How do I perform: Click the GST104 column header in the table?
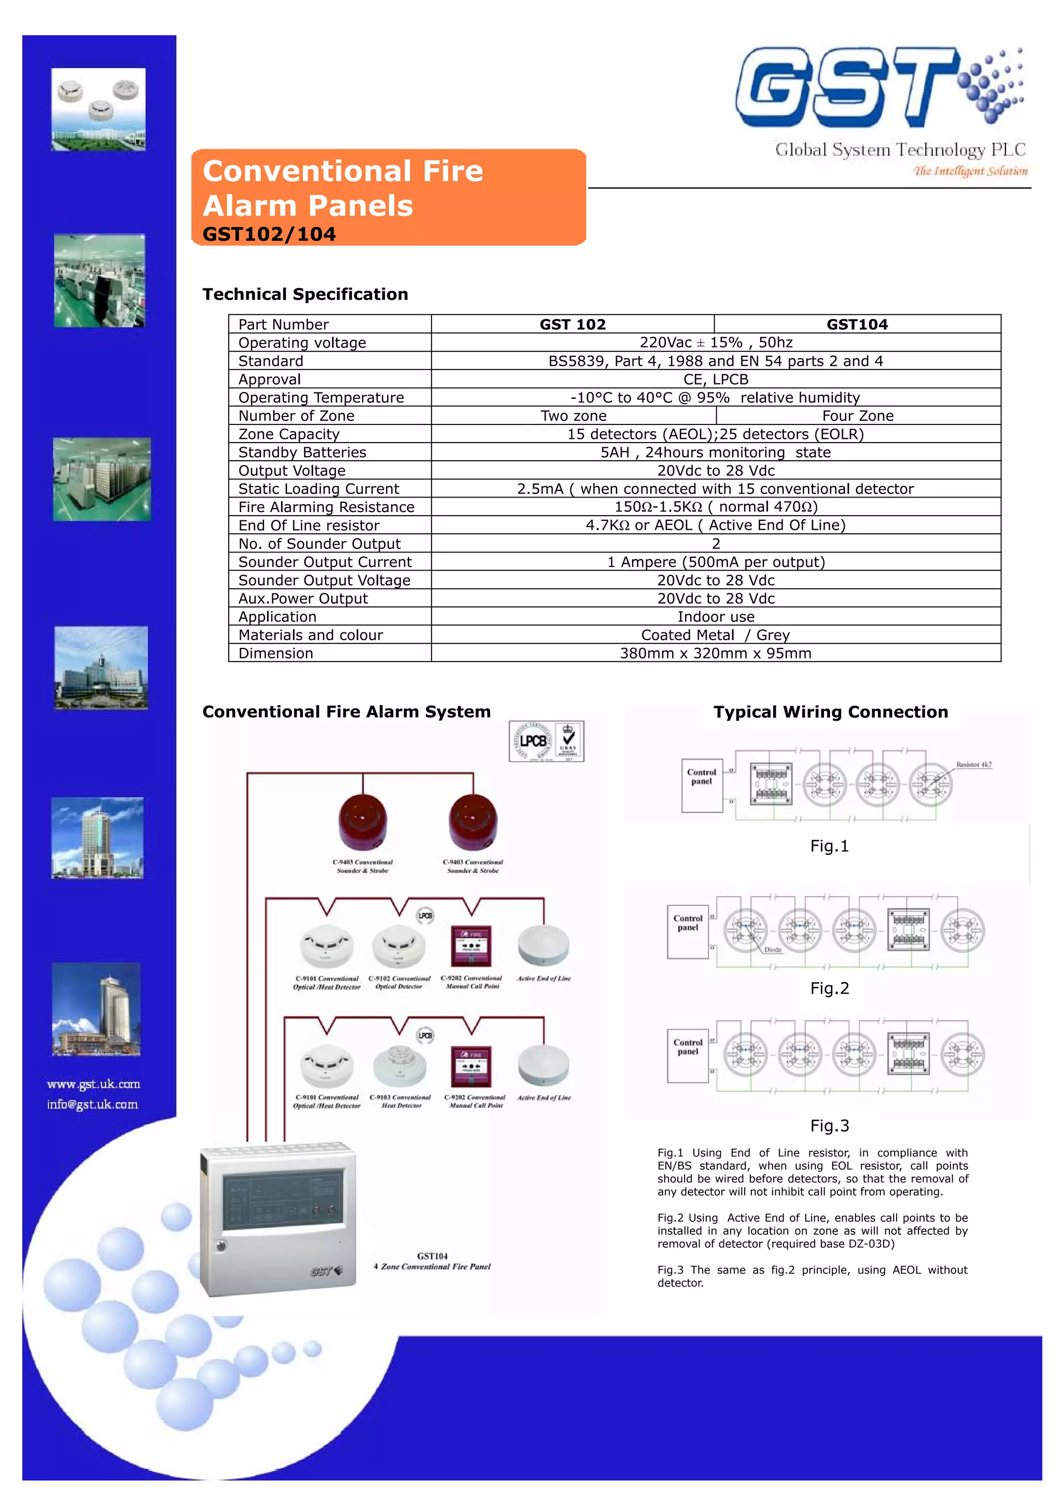[x=857, y=324]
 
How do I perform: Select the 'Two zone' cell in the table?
[x=573, y=416]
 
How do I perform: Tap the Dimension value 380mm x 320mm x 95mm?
[x=715, y=653]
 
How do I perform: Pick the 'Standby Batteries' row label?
[x=302, y=452]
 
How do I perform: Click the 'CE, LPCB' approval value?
[x=715, y=379]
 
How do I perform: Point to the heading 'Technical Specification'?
[x=305, y=295]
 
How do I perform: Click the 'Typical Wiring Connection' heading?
[x=830, y=712]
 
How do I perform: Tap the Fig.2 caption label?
[x=829, y=988]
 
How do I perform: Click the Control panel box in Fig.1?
[x=702, y=785]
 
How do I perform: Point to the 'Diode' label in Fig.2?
[x=772, y=950]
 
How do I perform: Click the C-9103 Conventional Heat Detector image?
[x=400, y=1066]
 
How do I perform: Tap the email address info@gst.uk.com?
[x=92, y=1105]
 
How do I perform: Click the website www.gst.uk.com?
[x=93, y=1084]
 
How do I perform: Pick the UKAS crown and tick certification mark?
[x=568, y=740]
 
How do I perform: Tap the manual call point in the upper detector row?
[x=471, y=945]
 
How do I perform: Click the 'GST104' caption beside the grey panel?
[x=432, y=1256]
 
